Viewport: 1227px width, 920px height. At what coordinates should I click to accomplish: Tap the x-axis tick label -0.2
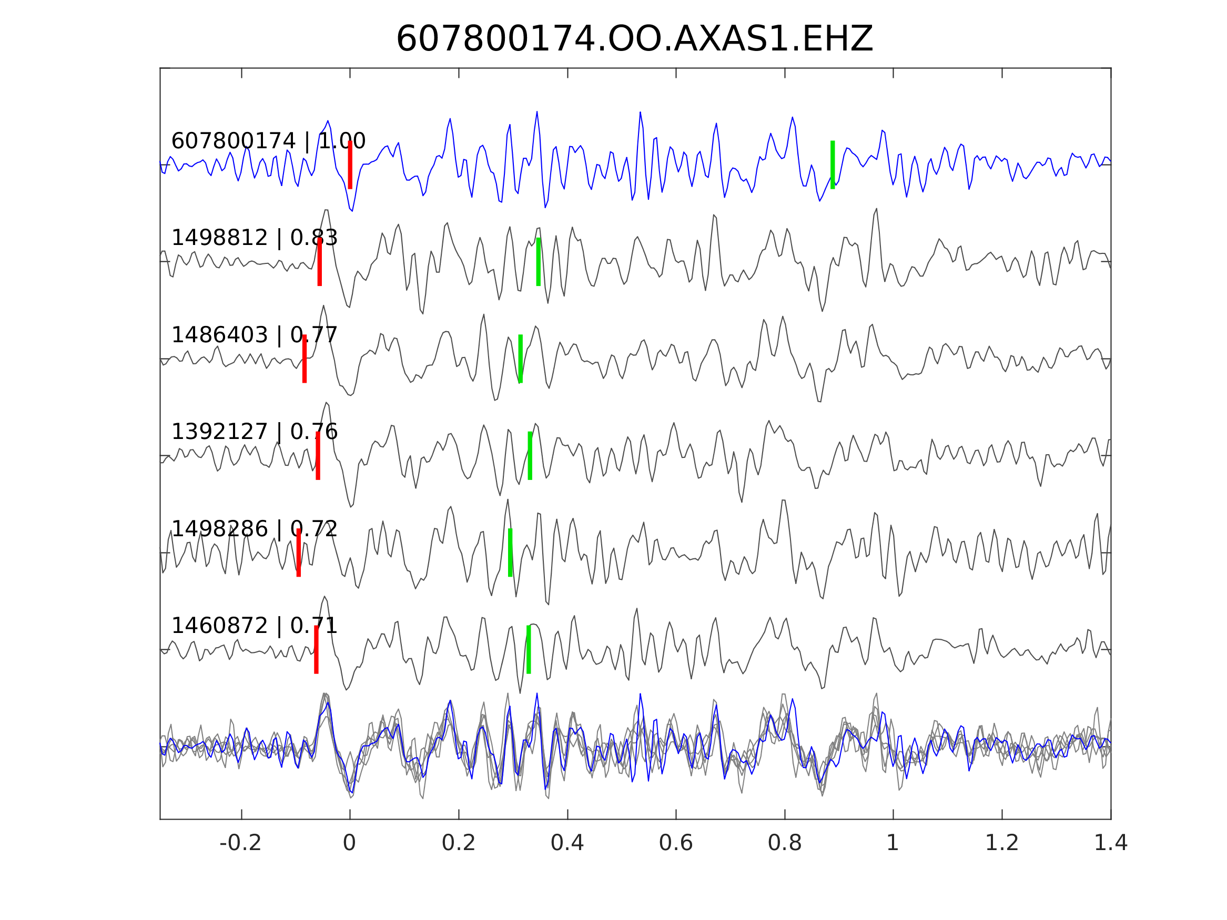(240, 843)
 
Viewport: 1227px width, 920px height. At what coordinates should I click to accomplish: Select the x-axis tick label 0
(349, 843)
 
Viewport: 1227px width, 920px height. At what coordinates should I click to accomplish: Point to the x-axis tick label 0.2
(458, 843)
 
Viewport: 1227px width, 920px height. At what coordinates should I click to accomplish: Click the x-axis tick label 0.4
(567, 843)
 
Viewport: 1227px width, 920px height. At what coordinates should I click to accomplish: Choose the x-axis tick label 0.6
(676, 843)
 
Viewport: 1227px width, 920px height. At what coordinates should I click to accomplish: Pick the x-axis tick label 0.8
(784, 843)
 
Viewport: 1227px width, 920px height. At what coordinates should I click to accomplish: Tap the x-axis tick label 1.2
(1002, 843)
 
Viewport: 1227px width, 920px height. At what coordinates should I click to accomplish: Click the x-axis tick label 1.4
(1111, 843)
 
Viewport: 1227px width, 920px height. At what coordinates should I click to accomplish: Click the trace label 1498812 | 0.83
(254, 238)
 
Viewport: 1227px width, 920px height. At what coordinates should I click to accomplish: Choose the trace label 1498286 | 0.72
(254, 529)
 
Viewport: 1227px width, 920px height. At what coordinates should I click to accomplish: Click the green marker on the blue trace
(833, 165)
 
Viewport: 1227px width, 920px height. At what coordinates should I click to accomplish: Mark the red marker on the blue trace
(350, 165)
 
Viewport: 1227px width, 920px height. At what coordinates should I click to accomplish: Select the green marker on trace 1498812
(539, 262)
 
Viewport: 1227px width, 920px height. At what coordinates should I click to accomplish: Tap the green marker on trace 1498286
(510, 553)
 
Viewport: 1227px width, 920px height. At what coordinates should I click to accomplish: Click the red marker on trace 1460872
(316, 649)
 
